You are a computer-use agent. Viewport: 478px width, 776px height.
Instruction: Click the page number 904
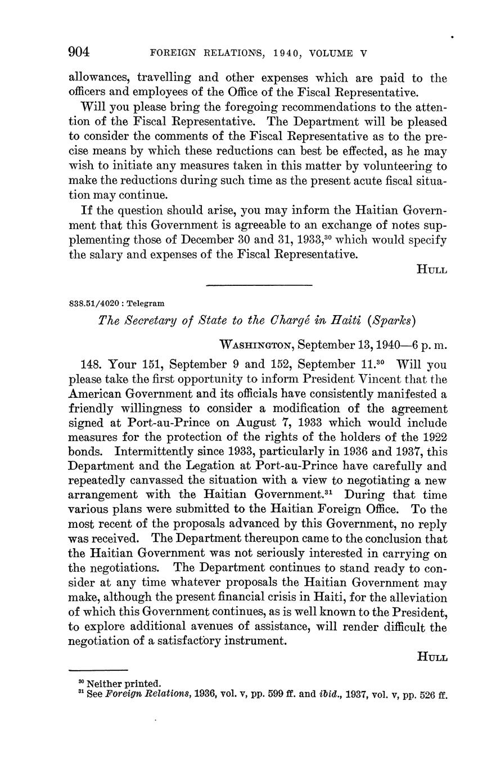tap(79, 52)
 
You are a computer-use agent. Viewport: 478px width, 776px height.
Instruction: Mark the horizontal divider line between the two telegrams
tap(259, 285)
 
